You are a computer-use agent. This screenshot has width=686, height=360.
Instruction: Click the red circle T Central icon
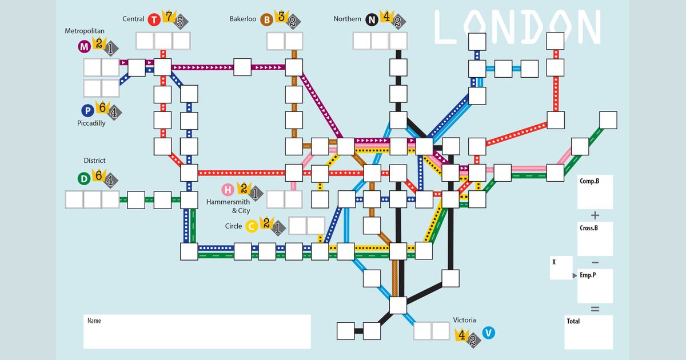tap(154, 20)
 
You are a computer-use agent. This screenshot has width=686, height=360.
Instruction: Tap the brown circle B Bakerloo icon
tap(266, 20)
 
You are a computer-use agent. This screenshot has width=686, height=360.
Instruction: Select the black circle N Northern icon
tap(372, 20)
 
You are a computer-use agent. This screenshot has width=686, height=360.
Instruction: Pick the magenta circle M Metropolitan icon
tap(84, 46)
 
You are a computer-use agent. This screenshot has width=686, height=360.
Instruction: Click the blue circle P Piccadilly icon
tap(87, 111)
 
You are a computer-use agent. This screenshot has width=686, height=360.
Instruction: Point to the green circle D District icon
tap(84, 179)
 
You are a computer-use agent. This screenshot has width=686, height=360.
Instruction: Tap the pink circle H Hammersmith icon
tap(228, 190)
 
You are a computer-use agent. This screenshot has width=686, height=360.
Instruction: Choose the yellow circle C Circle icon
tap(251, 226)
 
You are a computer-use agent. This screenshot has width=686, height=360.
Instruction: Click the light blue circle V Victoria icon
tap(488, 333)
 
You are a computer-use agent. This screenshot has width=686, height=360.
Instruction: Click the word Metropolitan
tap(83, 30)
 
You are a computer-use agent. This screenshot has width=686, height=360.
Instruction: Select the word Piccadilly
tap(91, 123)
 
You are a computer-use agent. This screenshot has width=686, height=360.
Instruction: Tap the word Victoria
tap(464, 320)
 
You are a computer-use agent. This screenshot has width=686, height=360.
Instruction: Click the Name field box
tap(197, 331)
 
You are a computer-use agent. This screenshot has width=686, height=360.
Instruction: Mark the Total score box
tap(588, 332)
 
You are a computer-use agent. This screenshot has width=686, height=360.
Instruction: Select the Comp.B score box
tap(595, 192)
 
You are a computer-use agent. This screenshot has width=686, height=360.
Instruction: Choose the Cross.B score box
tap(595, 239)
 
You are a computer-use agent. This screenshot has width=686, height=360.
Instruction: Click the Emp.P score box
tap(595, 286)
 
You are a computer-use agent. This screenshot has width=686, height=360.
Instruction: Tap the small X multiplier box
tap(561, 268)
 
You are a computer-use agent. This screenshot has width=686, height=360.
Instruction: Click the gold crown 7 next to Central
tap(169, 16)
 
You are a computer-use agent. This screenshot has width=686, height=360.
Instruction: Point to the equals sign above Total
tap(595, 309)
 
